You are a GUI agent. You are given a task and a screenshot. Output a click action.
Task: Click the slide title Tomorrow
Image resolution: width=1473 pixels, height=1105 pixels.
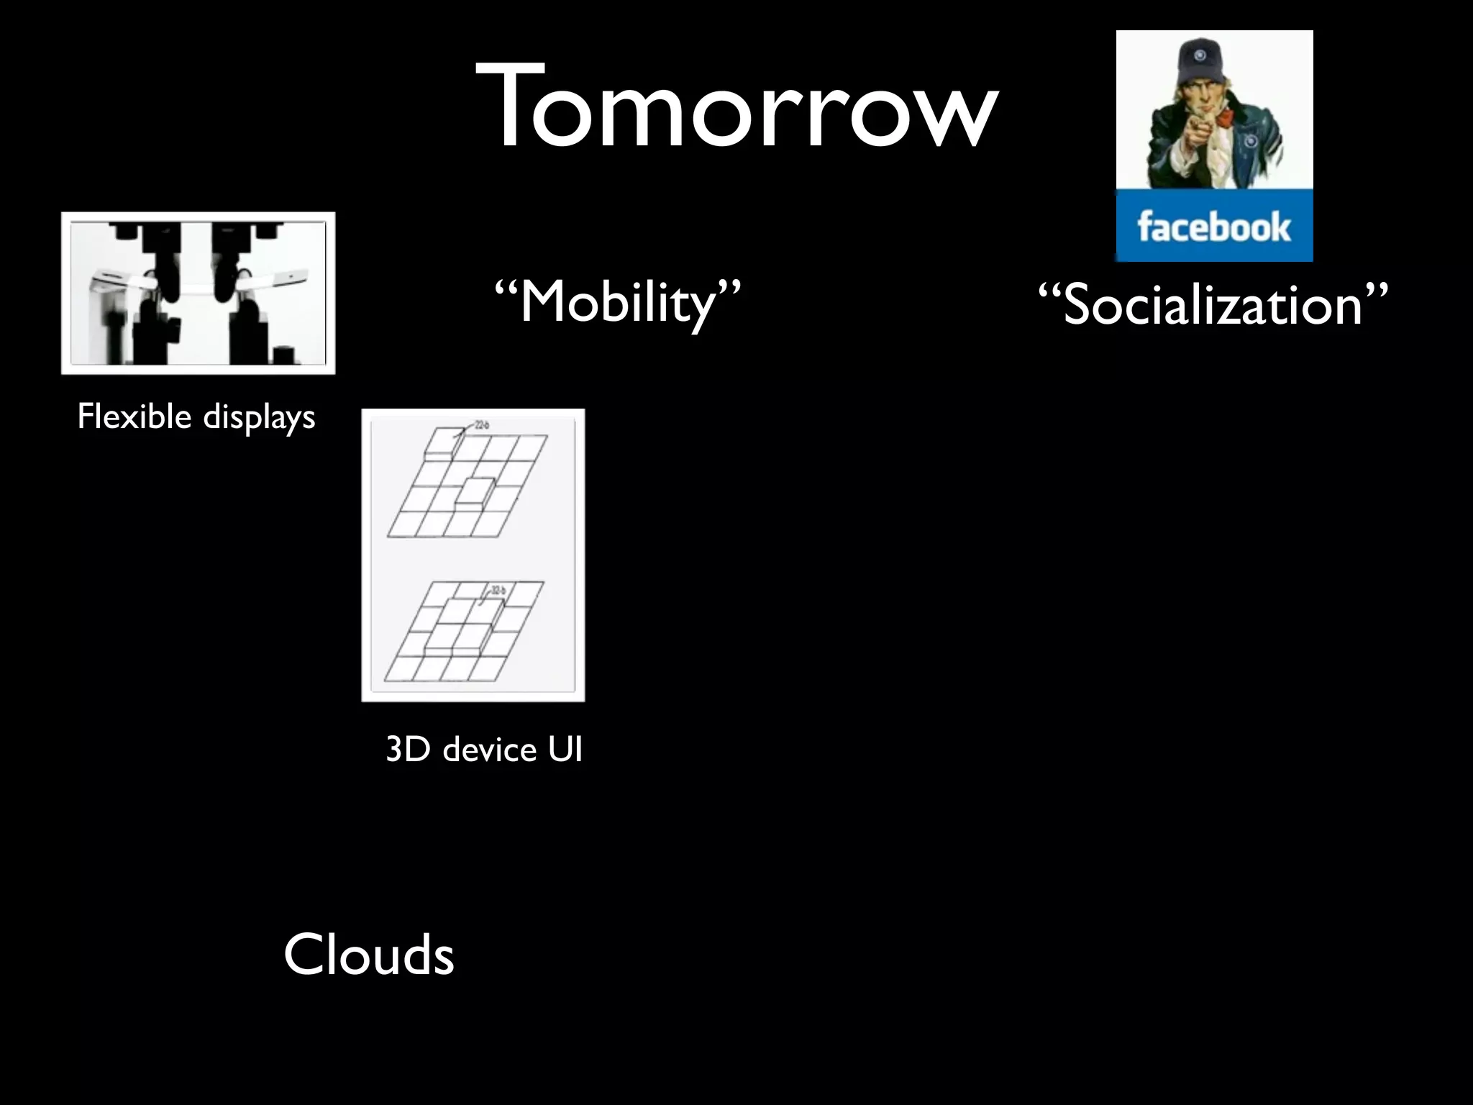coord(736,108)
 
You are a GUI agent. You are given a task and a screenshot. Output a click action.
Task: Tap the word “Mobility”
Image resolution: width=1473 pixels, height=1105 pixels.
coord(617,302)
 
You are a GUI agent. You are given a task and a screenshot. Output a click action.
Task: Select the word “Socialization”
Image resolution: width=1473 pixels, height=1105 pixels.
coord(1213,305)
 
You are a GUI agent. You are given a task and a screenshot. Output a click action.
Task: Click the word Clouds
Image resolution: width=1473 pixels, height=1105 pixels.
coord(368,955)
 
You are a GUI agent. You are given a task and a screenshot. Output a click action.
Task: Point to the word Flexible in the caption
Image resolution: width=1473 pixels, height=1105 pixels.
coord(134,416)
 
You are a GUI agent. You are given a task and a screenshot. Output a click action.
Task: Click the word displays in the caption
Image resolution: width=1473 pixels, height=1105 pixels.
coord(259,417)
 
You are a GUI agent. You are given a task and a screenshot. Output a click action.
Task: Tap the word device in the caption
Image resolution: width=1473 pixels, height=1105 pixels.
coord(490,750)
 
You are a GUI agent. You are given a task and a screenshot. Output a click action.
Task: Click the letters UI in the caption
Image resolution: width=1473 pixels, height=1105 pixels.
coord(565,750)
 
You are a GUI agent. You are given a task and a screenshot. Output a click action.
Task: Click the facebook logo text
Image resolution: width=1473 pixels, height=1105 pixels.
coord(1214,227)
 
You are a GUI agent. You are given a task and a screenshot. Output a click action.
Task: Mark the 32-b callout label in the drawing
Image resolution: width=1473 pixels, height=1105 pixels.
coord(498,591)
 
